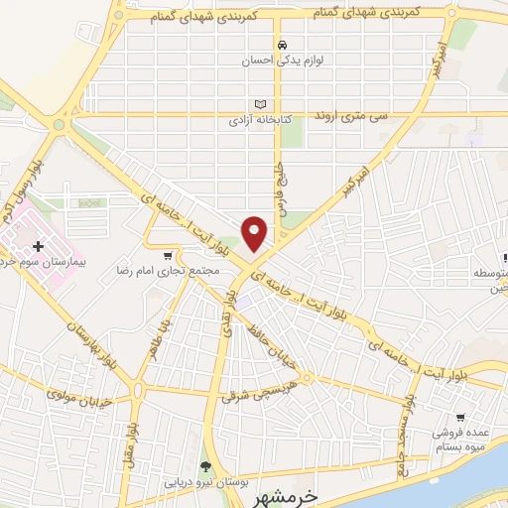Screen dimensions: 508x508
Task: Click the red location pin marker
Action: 256,233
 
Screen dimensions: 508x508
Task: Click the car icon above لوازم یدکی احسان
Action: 284,45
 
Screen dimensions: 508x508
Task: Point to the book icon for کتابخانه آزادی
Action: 261,103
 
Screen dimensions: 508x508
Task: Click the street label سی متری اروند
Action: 355,117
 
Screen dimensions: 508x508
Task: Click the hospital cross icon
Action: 38,246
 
